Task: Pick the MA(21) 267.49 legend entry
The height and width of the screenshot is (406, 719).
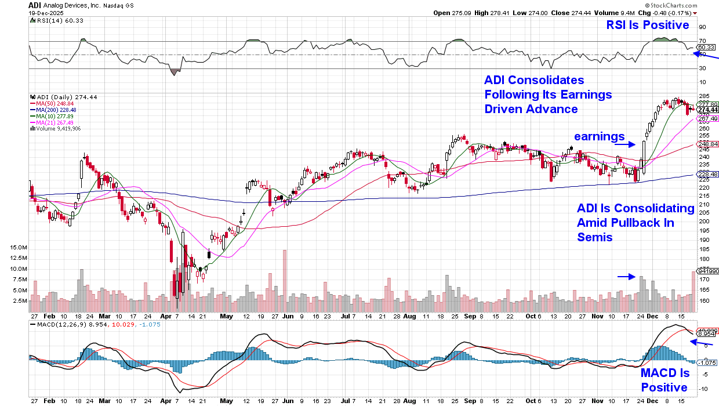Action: click(x=53, y=122)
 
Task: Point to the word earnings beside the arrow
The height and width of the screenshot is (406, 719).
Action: click(x=599, y=136)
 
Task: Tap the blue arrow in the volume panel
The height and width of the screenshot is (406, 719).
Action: click(x=626, y=277)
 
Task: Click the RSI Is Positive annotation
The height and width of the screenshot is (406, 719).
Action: click(x=648, y=25)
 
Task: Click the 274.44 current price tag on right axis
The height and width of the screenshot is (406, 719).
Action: click(x=708, y=110)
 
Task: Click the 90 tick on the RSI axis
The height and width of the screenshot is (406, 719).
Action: click(x=702, y=27)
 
